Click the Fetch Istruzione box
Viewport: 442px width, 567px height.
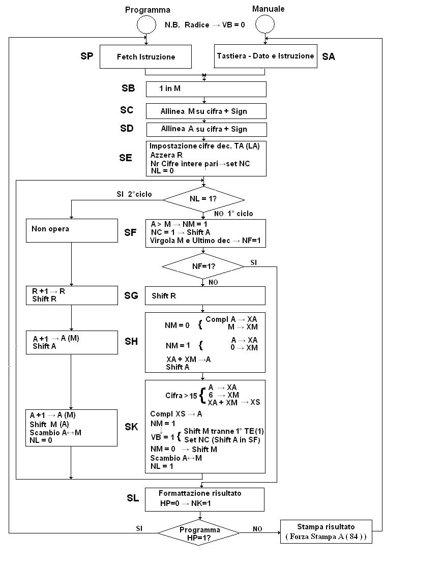click(145, 56)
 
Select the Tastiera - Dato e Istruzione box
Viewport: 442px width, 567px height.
click(265, 56)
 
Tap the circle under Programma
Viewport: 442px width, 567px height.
click(145, 24)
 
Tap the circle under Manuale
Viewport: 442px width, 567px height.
click(265, 23)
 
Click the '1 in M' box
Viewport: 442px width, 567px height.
click(205, 89)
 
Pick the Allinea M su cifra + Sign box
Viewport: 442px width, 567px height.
click(205, 111)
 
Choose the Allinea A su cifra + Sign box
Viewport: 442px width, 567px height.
click(205, 129)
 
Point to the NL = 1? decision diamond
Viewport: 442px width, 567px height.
click(203, 199)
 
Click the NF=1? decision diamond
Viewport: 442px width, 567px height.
click(203, 265)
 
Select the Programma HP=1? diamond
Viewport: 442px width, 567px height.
click(199, 533)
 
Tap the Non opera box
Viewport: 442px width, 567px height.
click(72, 230)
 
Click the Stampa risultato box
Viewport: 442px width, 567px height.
click(326, 531)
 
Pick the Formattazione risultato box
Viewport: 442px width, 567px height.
click(204, 499)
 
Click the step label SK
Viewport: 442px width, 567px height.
click(131, 427)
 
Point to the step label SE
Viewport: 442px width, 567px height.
click(126, 158)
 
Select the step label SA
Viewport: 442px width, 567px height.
click(329, 57)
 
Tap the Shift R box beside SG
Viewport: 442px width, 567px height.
click(205, 295)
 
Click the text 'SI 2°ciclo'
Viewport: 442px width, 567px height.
click(134, 194)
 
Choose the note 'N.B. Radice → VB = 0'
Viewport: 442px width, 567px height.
click(205, 24)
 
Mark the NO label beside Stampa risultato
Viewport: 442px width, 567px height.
click(258, 529)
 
